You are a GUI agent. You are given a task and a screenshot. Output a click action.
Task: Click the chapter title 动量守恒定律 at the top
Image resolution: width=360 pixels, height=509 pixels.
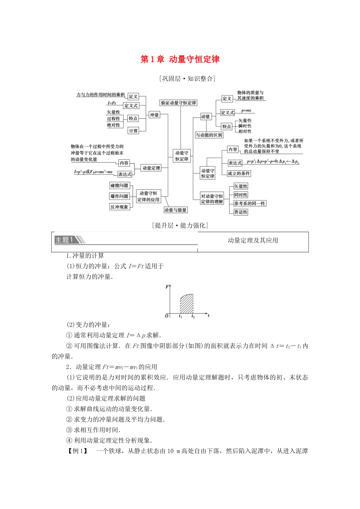(x=180, y=59)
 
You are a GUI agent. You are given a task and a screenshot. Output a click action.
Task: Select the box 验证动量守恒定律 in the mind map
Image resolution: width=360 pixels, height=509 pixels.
(x=178, y=103)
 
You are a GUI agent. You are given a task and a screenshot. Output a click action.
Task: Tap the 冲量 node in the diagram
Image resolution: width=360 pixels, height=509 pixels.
(x=154, y=115)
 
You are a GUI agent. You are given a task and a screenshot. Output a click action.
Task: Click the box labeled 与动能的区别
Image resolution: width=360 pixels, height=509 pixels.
(x=209, y=135)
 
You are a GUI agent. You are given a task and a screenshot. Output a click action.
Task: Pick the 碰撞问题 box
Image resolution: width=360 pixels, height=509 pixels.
(x=119, y=186)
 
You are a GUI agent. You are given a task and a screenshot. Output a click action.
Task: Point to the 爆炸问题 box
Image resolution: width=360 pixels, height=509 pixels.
(x=119, y=196)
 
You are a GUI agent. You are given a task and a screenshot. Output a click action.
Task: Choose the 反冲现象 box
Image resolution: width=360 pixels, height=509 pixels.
(x=119, y=207)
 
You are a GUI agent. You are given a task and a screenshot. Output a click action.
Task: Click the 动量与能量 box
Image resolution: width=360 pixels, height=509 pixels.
(x=175, y=210)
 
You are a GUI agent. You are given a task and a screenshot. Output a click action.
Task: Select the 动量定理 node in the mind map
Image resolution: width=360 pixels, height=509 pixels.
(x=151, y=168)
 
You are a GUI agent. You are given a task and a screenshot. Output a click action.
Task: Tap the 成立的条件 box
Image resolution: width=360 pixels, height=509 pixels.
(x=239, y=173)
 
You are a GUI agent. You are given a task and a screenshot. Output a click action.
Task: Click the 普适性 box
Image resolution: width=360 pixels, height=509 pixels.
(x=241, y=212)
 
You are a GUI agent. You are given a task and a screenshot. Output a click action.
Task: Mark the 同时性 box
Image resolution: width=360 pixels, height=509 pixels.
(x=241, y=195)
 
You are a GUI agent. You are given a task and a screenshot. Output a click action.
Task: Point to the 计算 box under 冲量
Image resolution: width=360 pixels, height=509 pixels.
(x=133, y=131)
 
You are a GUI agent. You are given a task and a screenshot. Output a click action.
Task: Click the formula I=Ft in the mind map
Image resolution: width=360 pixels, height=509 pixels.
(x=111, y=103)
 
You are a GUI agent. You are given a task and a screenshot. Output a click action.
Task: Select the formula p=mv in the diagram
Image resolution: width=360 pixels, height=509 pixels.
(x=246, y=111)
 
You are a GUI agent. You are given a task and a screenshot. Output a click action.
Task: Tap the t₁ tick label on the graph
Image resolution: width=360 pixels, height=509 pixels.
(x=180, y=316)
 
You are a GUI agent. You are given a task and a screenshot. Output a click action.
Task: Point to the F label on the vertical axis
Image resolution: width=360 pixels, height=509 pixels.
(x=167, y=287)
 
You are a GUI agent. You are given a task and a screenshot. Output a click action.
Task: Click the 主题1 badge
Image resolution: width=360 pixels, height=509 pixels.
(x=64, y=240)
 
